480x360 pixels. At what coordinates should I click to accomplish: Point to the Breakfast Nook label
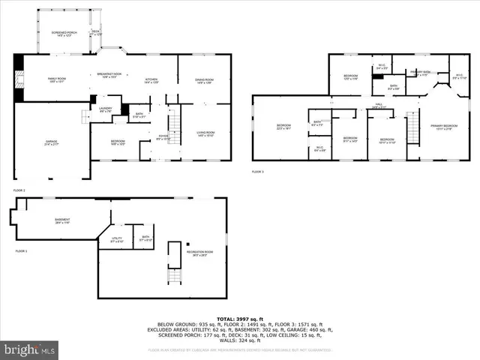click(x=109, y=75)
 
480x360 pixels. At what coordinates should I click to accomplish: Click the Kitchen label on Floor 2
click(x=151, y=81)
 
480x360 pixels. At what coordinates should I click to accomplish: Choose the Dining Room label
click(x=205, y=81)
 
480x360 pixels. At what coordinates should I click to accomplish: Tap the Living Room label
click(x=206, y=133)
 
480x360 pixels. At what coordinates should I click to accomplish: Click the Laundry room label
click(x=105, y=109)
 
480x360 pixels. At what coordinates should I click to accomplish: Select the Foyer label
click(x=163, y=138)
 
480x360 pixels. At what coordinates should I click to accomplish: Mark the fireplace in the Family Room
click(x=18, y=77)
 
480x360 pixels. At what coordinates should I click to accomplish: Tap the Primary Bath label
click(x=418, y=73)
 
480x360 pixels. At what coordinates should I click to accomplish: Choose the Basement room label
click(x=52, y=221)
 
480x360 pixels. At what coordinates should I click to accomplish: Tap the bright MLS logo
click(x=30, y=349)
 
